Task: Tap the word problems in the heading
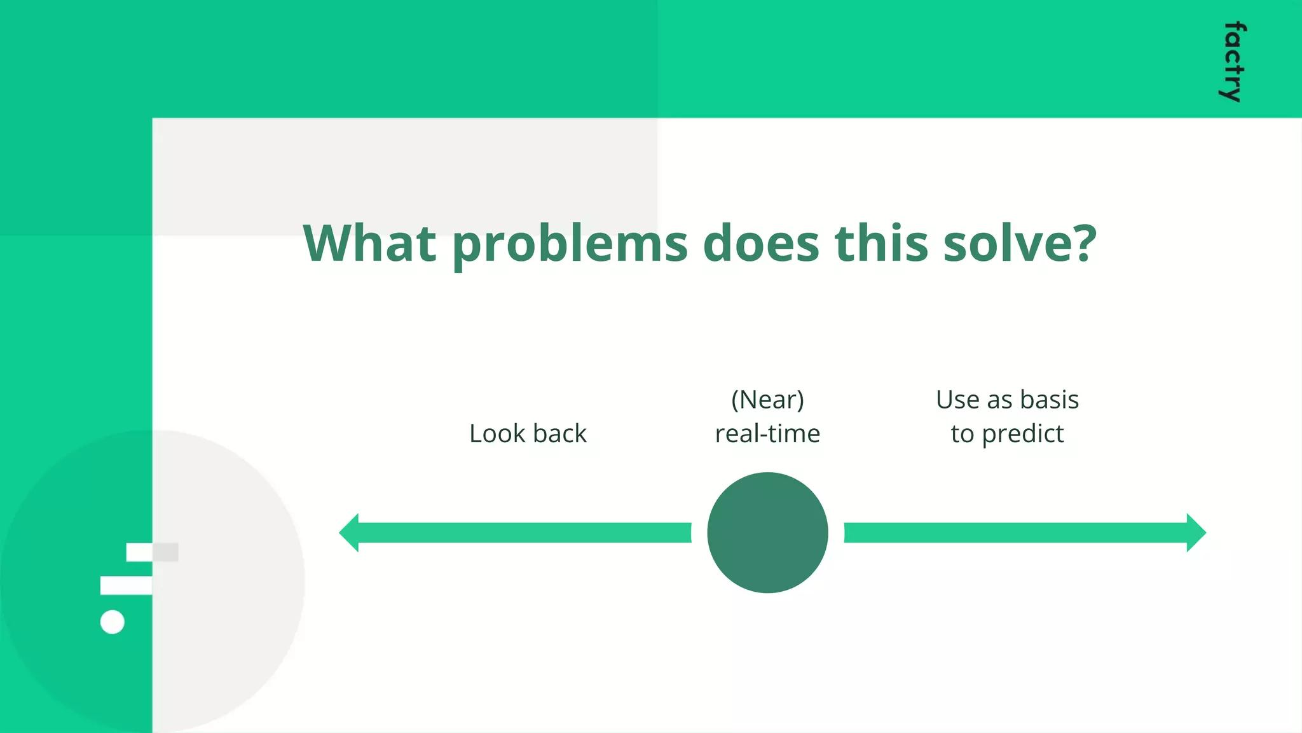click(x=570, y=245)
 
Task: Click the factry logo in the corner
click(x=1233, y=62)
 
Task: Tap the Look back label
click(x=528, y=433)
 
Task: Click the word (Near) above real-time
click(x=767, y=400)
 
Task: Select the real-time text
click(x=767, y=433)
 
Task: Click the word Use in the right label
click(x=957, y=400)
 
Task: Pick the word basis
click(x=1049, y=400)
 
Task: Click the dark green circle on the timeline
click(x=767, y=533)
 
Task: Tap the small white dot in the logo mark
click(x=113, y=622)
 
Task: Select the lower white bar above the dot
click(x=127, y=585)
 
